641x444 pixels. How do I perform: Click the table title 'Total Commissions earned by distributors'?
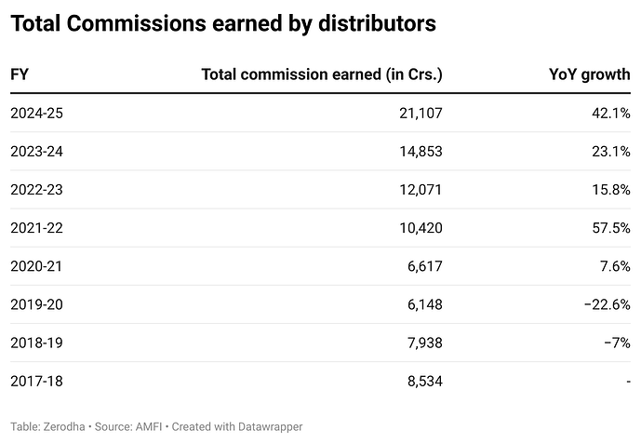223,25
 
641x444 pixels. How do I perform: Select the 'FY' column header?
19,74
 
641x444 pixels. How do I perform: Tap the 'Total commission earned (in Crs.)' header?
322,74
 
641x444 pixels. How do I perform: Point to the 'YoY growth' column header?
590,74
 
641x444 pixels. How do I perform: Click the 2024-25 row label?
36,113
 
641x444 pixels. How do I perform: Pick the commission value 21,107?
418,113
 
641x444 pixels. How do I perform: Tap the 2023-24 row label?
36,151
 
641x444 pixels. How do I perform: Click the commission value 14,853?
418,151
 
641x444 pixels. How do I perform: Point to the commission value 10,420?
418,227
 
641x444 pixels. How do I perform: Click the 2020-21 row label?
36,266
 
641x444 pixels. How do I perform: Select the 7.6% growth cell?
614,266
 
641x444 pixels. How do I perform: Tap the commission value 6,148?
422,304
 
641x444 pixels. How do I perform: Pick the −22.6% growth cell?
606,304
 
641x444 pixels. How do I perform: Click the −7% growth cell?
616,343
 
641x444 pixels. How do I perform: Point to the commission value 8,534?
422,381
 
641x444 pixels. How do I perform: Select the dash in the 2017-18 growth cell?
628,381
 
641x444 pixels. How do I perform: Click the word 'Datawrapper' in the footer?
270,426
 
